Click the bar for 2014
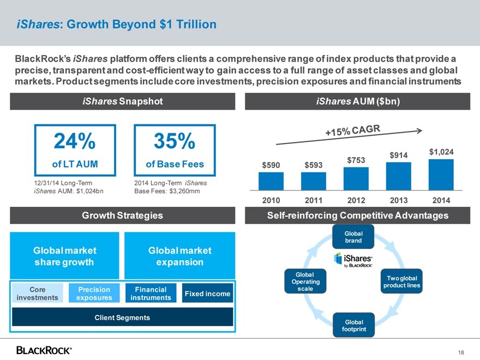tap(441, 175)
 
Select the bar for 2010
tap(271, 181)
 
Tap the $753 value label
tap(356, 159)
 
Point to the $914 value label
tap(399, 155)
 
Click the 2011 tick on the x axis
tap(314, 200)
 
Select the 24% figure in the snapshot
tap(75, 142)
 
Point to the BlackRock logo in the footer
tap(44, 350)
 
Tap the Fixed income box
tap(207, 293)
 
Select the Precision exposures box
tap(94, 293)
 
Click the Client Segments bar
tap(122, 317)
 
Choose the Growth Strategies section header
tap(122, 215)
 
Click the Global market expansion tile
tap(180, 256)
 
